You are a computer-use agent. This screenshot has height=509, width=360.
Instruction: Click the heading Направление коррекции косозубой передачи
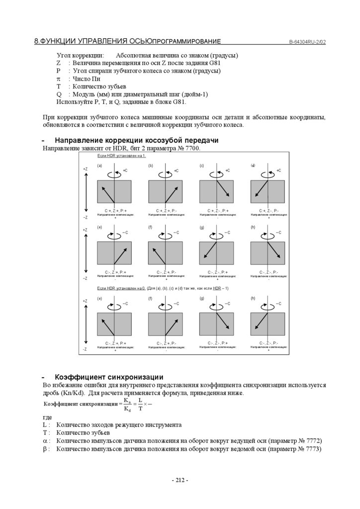click(136, 140)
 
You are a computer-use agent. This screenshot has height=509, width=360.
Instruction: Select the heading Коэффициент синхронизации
click(109, 377)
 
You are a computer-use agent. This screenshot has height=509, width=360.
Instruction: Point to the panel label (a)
click(99, 166)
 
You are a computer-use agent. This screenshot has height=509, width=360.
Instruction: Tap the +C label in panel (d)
click(278, 170)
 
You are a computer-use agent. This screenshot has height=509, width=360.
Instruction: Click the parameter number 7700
click(191, 148)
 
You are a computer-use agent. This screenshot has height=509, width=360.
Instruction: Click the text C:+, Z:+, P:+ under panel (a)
click(115, 211)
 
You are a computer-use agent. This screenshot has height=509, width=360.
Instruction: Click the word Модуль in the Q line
click(85, 94)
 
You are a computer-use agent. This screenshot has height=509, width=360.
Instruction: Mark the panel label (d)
click(253, 166)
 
